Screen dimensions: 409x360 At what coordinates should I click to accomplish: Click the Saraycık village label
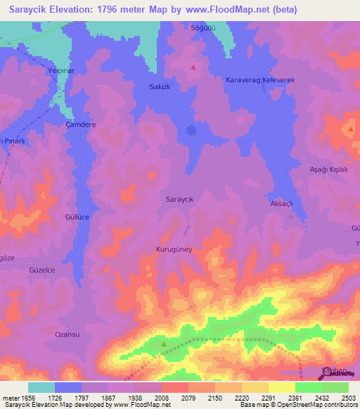(179, 199)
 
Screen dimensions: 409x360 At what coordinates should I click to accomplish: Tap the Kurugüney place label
(174, 249)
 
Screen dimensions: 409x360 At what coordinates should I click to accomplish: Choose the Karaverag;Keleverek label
(259, 81)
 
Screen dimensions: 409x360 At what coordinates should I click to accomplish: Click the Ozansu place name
(67, 335)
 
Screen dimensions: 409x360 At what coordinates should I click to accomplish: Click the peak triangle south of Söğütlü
(193, 67)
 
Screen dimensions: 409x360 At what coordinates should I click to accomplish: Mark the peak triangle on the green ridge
(164, 344)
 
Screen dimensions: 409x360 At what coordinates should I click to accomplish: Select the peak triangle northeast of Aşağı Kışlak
(350, 129)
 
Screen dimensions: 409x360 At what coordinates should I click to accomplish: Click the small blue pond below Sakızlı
(191, 130)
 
